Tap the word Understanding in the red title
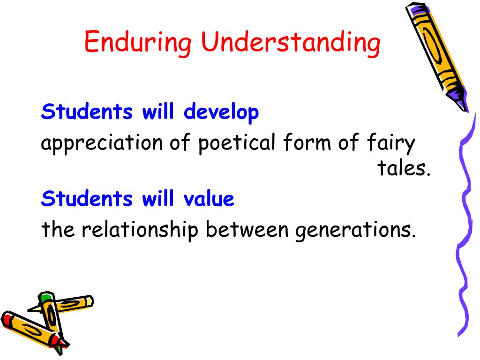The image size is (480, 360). point(291,43)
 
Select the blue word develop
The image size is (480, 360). point(221,113)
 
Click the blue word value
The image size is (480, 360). point(209,199)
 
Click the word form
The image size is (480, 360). point(307,142)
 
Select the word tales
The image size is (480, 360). point(404,169)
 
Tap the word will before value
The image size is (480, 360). point(158,199)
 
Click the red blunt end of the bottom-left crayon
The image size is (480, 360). point(7,319)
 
